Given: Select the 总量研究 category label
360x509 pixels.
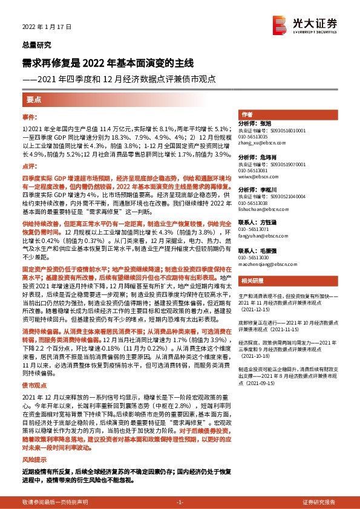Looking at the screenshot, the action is [x=36, y=45].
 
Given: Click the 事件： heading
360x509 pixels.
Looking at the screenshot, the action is [x=30, y=116].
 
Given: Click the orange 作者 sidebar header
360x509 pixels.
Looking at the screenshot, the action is [x=247, y=115].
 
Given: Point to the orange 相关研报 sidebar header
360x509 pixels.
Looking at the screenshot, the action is [x=252, y=280].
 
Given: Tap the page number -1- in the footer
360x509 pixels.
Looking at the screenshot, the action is [x=180, y=502].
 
